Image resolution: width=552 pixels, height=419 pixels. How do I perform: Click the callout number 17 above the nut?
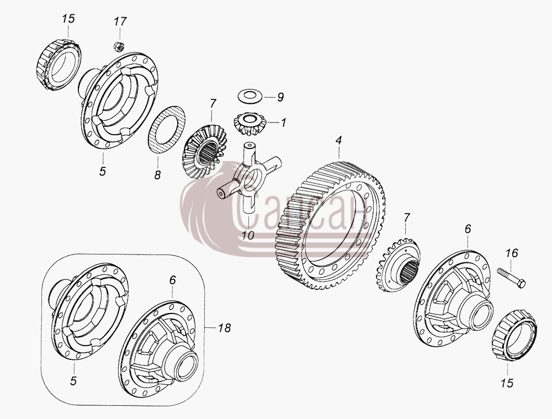[x=120, y=22]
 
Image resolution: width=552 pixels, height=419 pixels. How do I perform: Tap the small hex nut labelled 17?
[x=119, y=46]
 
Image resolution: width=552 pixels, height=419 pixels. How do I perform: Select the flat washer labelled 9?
[x=250, y=96]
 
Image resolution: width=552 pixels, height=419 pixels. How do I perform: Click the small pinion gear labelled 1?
[x=250, y=124]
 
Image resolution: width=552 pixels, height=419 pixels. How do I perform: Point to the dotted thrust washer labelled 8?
[x=167, y=129]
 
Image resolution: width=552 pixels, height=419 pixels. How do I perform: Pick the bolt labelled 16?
[x=512, y=278]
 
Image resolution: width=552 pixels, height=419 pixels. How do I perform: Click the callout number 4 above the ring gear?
[x=338, y=140]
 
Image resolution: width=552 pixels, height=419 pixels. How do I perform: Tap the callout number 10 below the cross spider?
[x=248, y=236]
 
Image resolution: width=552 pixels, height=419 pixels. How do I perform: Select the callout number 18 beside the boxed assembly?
[x=224, y=328]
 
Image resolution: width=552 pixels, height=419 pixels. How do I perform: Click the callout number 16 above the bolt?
[x=512, y=253]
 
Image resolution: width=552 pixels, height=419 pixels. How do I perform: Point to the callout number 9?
[x=280, y=98]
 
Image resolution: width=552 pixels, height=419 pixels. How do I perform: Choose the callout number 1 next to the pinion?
[x=283, y=123]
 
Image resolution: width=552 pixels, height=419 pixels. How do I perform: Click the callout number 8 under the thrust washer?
[x=157, y=175]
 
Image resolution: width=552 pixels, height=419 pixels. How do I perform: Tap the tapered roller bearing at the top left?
[x=59, y=65]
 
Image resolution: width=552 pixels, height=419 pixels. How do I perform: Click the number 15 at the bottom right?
[x=507, y=383]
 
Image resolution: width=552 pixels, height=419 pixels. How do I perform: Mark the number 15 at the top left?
[x=68, y=19]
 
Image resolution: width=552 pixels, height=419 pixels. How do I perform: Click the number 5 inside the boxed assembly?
[x=73, y=381]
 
